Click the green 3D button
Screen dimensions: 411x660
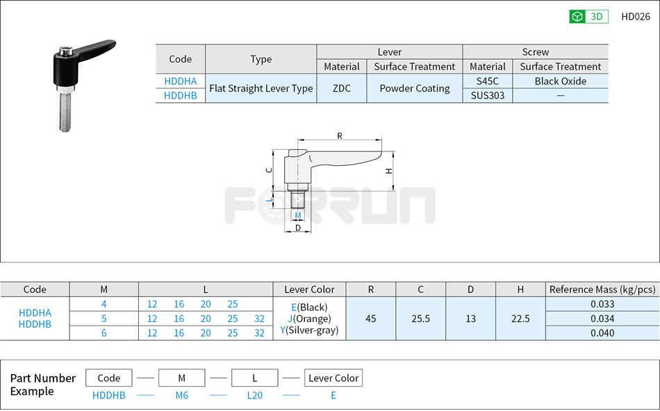[x=588, y=17]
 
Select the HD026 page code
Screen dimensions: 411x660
[x=635, y=17]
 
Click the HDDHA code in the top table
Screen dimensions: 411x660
[x=180, y=81]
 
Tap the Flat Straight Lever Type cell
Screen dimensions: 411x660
[x=261, y=89]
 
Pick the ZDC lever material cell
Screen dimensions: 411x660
[x=341, y=89]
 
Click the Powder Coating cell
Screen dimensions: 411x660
[x=414, y=89]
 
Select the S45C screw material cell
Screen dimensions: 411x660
[x=487, y=81]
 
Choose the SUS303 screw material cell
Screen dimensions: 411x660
[x=487, y=96]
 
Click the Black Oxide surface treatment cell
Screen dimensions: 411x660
[x=560, y=81]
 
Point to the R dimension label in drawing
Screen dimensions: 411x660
[x=340, y=136]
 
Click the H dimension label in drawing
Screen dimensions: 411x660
[x=389, y=171]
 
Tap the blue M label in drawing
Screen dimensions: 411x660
[x=298, y=215]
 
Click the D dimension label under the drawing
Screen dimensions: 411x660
[x=298, y=228]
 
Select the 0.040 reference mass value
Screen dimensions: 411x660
[x=602, y=333]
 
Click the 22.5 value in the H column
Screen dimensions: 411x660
[x=520, y=319]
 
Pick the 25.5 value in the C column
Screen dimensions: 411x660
[x=420, y=319]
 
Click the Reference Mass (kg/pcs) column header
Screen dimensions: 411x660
[x=602, y=290]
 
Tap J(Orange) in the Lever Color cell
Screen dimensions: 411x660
[x=309, y=319]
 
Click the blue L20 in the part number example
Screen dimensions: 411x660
[x=254, y=395]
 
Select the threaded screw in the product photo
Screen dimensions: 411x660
[x=66, y=109]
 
